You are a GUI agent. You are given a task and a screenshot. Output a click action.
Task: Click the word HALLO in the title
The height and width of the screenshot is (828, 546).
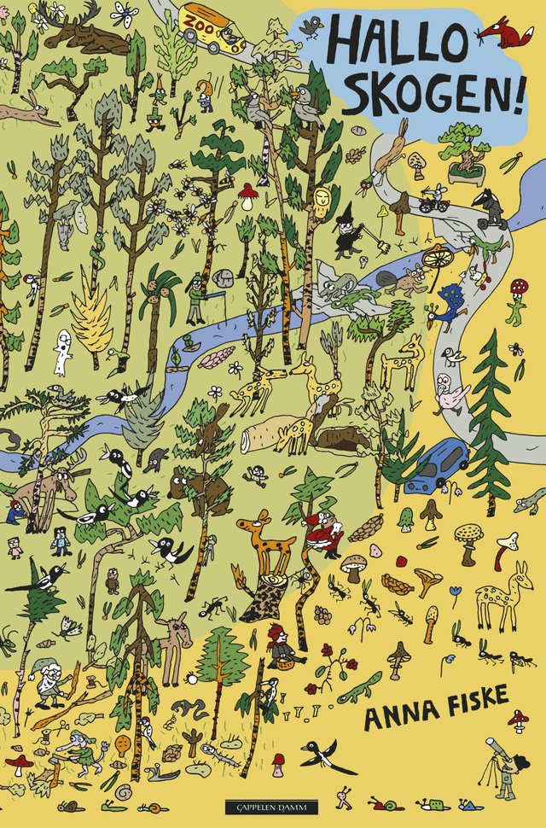(392, 41)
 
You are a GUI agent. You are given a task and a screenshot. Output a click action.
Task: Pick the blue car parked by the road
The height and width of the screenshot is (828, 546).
(436, 467)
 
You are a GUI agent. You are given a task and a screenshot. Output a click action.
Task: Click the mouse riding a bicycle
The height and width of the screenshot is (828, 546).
(434, 199)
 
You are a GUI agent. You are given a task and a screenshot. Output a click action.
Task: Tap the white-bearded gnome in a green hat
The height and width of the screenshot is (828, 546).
(51, 683)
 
